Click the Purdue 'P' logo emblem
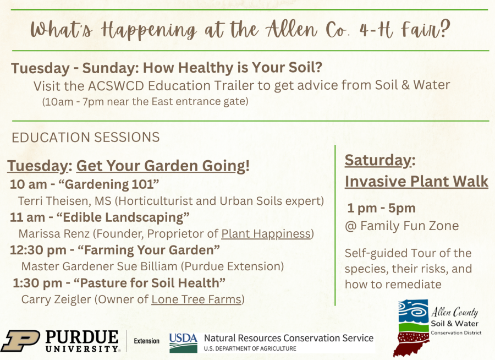tap(20, 341)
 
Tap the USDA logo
tap(183, 342)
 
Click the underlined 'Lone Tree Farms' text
tap(196, 299)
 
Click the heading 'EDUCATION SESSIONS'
tap(86, 137)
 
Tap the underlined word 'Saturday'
tap(377, 160)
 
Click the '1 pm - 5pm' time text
tap(381, 208)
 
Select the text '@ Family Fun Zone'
tap(402, 225)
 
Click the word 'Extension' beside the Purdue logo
tap(147, 341)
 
